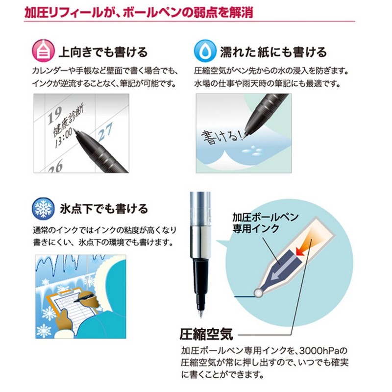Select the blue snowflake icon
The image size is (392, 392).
click(x=44, y=208)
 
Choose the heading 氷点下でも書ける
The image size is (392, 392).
click(x=103, y=209)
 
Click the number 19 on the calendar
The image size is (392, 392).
click(x=55, y=114)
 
